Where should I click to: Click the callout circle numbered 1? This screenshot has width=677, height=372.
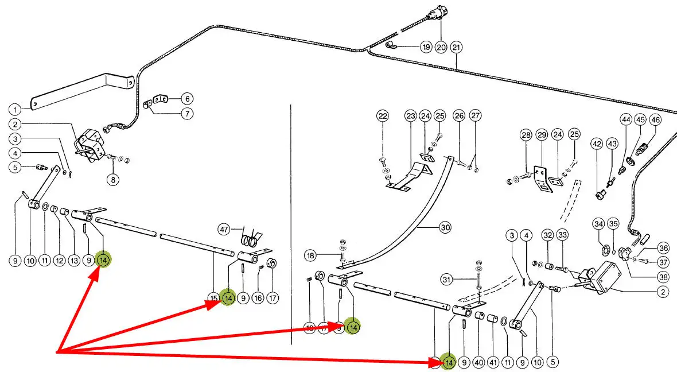point(15,108)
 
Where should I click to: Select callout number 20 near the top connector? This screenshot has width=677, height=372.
point(441,47)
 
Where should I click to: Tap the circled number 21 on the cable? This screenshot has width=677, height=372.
point(456,47)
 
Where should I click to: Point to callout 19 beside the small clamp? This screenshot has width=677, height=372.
point(425,47)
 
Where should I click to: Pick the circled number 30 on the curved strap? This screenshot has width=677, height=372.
point(445,227)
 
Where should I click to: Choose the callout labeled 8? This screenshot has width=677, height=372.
point(112,180)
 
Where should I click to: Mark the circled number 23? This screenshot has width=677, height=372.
point(410,117)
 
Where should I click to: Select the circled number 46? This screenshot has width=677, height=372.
point(655,120)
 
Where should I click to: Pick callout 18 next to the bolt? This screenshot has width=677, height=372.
point(310,255)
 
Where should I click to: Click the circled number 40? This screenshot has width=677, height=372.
point(479,363)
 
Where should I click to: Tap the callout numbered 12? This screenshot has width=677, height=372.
point(59,261)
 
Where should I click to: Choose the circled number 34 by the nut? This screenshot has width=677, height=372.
point(598,223)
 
